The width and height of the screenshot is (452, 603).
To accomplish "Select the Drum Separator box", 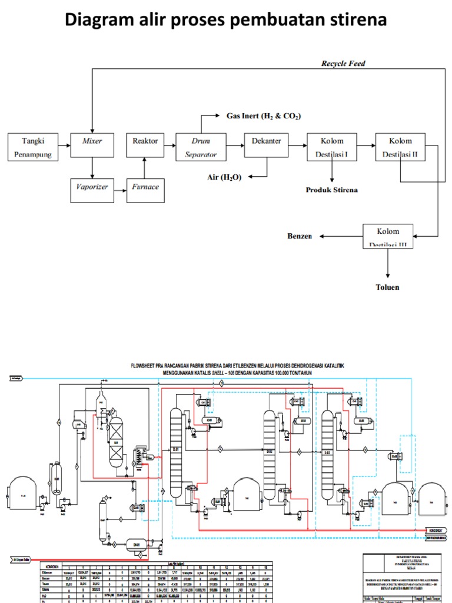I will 201,148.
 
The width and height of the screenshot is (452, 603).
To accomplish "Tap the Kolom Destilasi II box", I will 401,148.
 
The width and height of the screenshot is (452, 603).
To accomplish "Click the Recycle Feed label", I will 343,63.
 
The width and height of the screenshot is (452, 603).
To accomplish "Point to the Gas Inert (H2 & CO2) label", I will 264,117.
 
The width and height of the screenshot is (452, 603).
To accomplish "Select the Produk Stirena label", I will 331,190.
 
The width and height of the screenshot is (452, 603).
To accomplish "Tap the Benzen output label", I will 299,236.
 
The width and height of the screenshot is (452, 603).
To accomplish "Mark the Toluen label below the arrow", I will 388,287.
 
